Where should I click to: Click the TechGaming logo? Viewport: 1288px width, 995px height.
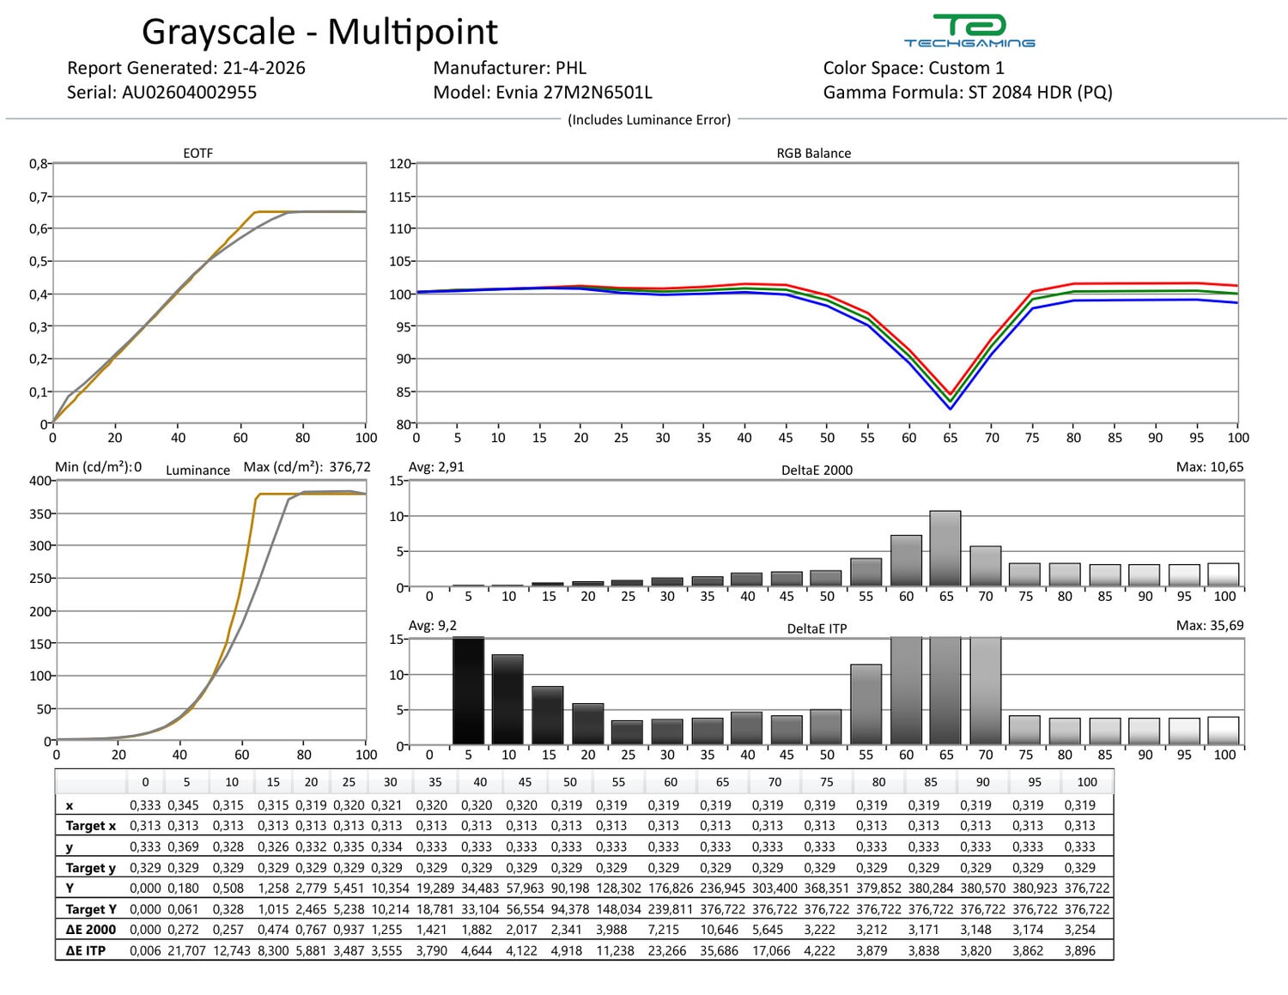[x=969, y=30]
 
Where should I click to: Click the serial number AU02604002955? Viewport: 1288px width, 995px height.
[x=189, y=93]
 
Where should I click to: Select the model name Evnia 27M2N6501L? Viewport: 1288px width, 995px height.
[x=574, y=93]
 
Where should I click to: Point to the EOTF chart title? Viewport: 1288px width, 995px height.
[x=198, y=153]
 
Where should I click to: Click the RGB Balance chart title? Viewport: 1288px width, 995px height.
[x=813, y=153]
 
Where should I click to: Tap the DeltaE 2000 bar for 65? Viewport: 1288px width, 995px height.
[x=945, y=549]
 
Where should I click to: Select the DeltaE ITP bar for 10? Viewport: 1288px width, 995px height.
[x=507, y=699]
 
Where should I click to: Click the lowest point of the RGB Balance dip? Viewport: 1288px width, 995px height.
[x=951, y=409]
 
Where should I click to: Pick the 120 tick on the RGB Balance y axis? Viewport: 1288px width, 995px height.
[x=400, y=164]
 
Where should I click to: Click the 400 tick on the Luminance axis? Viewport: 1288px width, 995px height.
[x=40, y=480]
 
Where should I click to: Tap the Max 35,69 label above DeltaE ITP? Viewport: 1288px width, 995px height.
[x=1210, y=625]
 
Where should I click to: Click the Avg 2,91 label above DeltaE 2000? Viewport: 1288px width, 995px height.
[x=436, y=467]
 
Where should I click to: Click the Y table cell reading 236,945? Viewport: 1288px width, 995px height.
[x=722, y=888]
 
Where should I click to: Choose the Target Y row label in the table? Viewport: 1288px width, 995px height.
[x=91, y=909]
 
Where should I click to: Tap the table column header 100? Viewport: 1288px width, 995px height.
[x=1086, y=781]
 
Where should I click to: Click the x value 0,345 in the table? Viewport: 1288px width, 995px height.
[x=183, y=804]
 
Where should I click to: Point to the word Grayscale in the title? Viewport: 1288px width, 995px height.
[x=218, y=32]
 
